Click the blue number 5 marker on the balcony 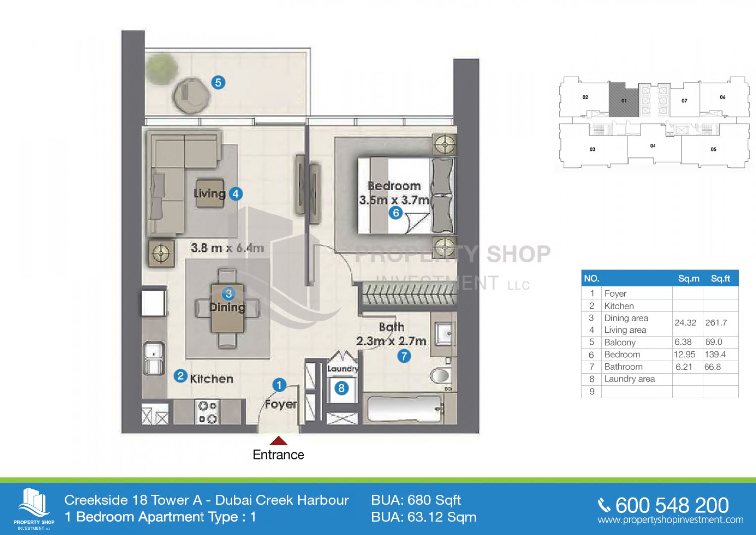218,82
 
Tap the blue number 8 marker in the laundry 341,388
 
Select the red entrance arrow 278,440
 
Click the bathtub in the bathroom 405,409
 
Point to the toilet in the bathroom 440,375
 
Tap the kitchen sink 153,358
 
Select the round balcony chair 191,96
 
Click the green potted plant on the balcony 162,68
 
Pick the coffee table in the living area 210,193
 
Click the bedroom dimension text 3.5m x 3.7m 394,200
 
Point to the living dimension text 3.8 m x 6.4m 227,248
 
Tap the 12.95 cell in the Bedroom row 685,354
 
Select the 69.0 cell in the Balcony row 714,342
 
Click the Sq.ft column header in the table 720,278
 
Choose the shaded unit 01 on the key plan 623,100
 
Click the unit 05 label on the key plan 713,149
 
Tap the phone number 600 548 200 672,506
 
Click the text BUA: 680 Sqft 416,500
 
